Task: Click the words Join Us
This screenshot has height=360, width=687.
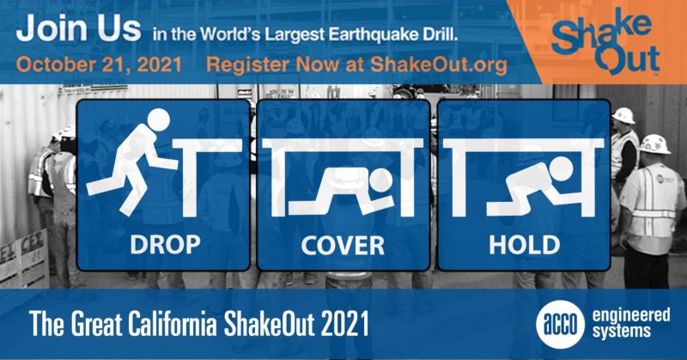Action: coord(78,28)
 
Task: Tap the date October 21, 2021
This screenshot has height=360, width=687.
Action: coord(99,65)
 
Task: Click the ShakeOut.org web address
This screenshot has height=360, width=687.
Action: coord(439,65)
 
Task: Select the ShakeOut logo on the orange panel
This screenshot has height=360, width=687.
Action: coord(605,42)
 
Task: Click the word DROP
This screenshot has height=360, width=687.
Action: coord(165,245)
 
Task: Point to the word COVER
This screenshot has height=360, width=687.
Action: coord(343,246)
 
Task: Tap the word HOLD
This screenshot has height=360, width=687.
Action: coord(525,245)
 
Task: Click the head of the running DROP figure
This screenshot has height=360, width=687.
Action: coord(158,119)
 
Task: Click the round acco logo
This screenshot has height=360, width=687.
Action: coord(561,325)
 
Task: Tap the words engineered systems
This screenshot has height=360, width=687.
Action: coord(631,323)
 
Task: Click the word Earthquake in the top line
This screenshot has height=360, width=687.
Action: coord(370,34)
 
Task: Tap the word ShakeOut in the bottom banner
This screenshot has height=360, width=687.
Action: coord(270,324)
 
